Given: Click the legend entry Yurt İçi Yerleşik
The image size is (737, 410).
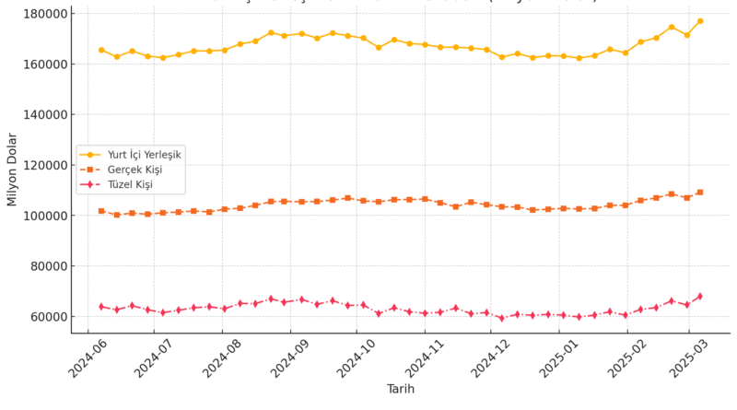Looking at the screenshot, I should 142,155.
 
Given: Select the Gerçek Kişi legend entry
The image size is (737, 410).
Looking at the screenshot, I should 135,170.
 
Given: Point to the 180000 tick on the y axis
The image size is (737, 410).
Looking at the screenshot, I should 41,14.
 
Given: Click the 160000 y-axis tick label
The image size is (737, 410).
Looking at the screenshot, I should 41,64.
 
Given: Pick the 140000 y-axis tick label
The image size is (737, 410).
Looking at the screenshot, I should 41,115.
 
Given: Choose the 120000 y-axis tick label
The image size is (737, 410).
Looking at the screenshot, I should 41,166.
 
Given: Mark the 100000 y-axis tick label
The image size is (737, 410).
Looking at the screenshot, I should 41,216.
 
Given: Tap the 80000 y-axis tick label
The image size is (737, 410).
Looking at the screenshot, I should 45,266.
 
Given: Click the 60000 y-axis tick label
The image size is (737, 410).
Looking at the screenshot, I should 45,317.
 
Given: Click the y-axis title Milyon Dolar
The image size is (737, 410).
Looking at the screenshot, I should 13,170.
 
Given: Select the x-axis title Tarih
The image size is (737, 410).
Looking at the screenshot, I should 400,390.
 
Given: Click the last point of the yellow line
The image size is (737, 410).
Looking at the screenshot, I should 700,21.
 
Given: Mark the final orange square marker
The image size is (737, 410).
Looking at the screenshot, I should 700,193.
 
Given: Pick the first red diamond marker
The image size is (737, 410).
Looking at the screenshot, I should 101,307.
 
